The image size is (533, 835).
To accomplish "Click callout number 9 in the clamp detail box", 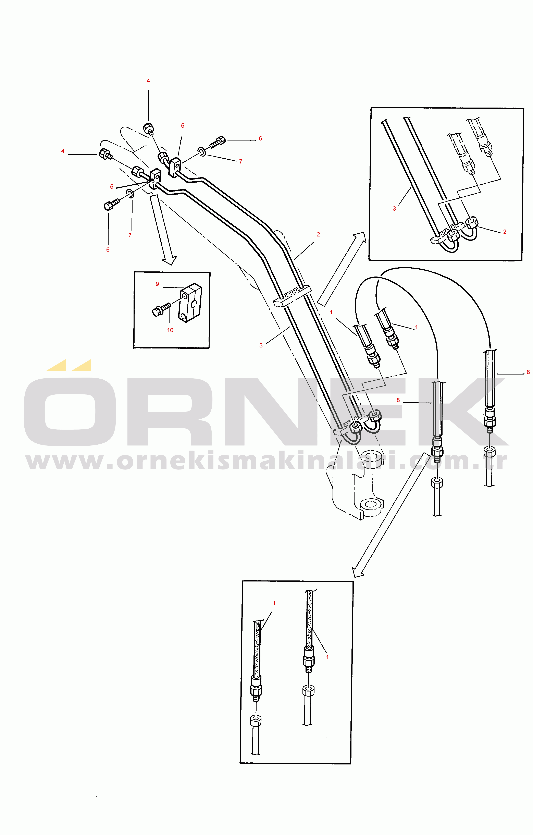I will click(157, 284).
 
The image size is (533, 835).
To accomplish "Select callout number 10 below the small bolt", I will click(170, 330).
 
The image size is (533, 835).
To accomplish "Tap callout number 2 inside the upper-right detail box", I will click(505, 232).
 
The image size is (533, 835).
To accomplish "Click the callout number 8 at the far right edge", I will click(528, 372).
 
